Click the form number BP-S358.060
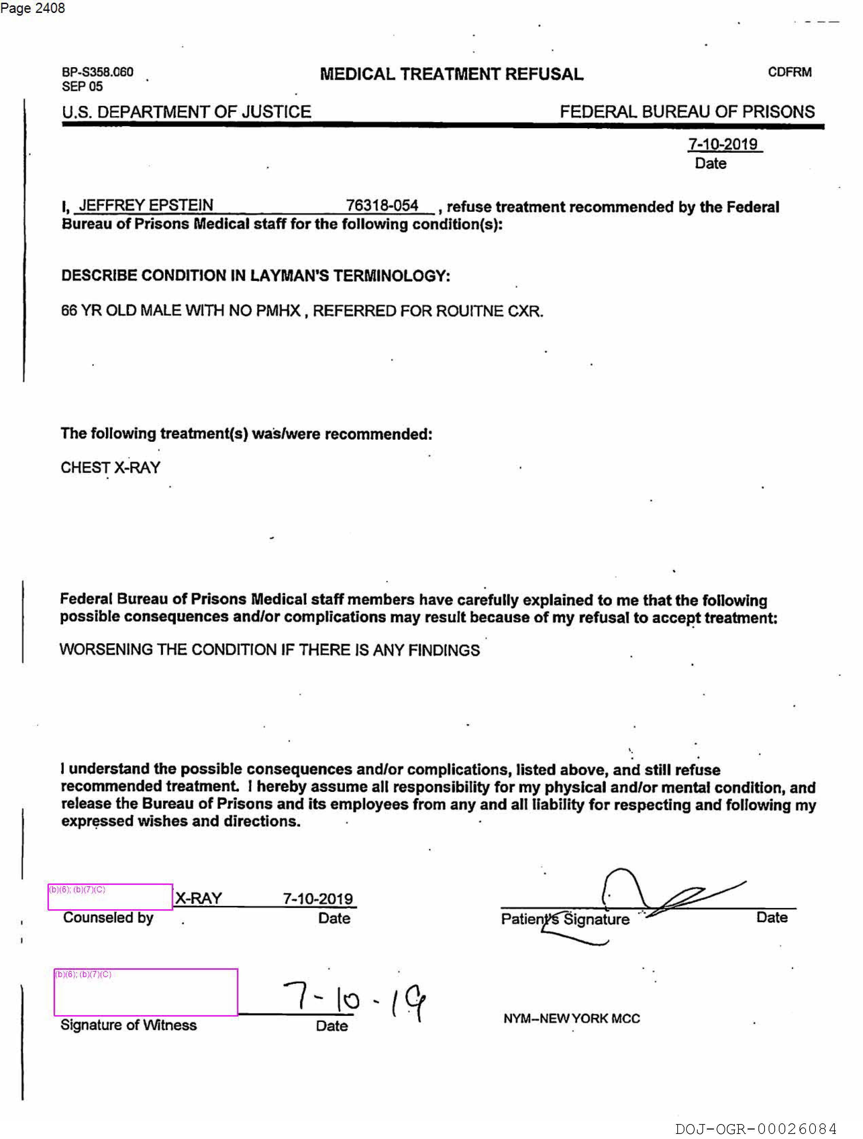[x=97, y=72]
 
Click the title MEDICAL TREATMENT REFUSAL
[x=451, y=74]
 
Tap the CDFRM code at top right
[x=789, y=72]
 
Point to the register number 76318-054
[x=382, y=206]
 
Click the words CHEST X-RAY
[x=110, y=468]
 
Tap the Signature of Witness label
[x=128, y=1025]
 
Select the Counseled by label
[x=108, y=917]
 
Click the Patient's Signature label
[x=565, y=919]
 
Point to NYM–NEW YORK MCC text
[x=571, y=1019]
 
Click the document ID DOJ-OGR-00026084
[x=755, y=1129]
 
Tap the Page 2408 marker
[x=33, y=8]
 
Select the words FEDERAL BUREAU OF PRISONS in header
[x=687, y=112]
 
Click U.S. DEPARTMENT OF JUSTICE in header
[x=186, y=112]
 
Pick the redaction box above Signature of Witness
[x=146, y=992]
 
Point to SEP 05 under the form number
[x=82, y=87]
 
